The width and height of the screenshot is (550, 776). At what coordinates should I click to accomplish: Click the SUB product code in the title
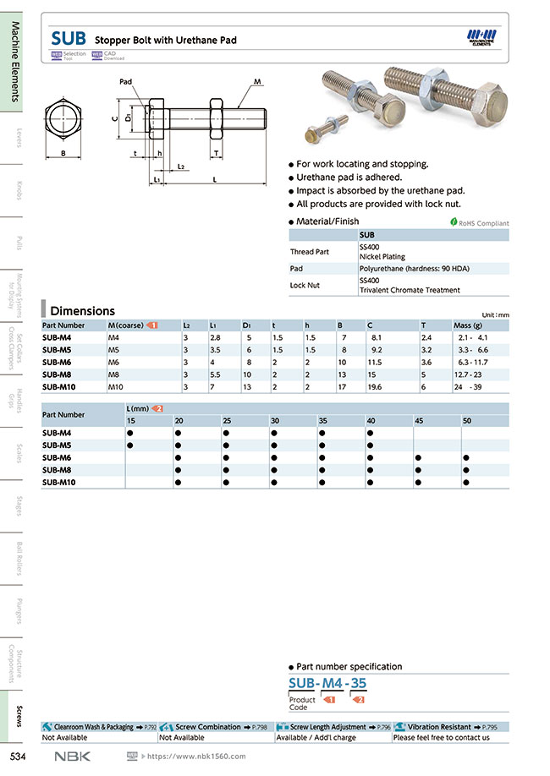pos(68,38)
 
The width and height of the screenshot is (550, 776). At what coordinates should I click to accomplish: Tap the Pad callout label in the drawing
pos(126,82)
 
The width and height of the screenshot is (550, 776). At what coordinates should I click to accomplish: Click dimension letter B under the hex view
pos(63,153)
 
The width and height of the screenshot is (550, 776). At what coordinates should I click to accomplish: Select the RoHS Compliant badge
pos(479,223)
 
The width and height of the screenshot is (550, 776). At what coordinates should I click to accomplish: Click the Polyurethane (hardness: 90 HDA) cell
pos(410,268)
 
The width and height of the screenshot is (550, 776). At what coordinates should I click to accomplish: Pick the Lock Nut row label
pos(305,285)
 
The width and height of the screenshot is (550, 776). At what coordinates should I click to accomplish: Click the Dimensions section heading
pos(82,310)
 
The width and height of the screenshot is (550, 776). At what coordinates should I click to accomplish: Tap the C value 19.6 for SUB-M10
pos(375,386)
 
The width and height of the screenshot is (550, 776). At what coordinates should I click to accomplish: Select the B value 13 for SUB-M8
pos(342,374)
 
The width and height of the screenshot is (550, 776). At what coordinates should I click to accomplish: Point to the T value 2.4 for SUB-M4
pos(426,337)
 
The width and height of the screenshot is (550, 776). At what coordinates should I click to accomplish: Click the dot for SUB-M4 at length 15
pos(130,433)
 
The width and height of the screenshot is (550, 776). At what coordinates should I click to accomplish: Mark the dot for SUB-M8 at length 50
pos(466,469)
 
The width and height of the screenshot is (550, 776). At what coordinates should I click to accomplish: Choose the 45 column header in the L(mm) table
pos(419,420)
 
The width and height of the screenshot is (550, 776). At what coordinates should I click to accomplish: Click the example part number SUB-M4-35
pos(327,683)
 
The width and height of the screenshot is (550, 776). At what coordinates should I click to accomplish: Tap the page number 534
pos(20,756)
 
